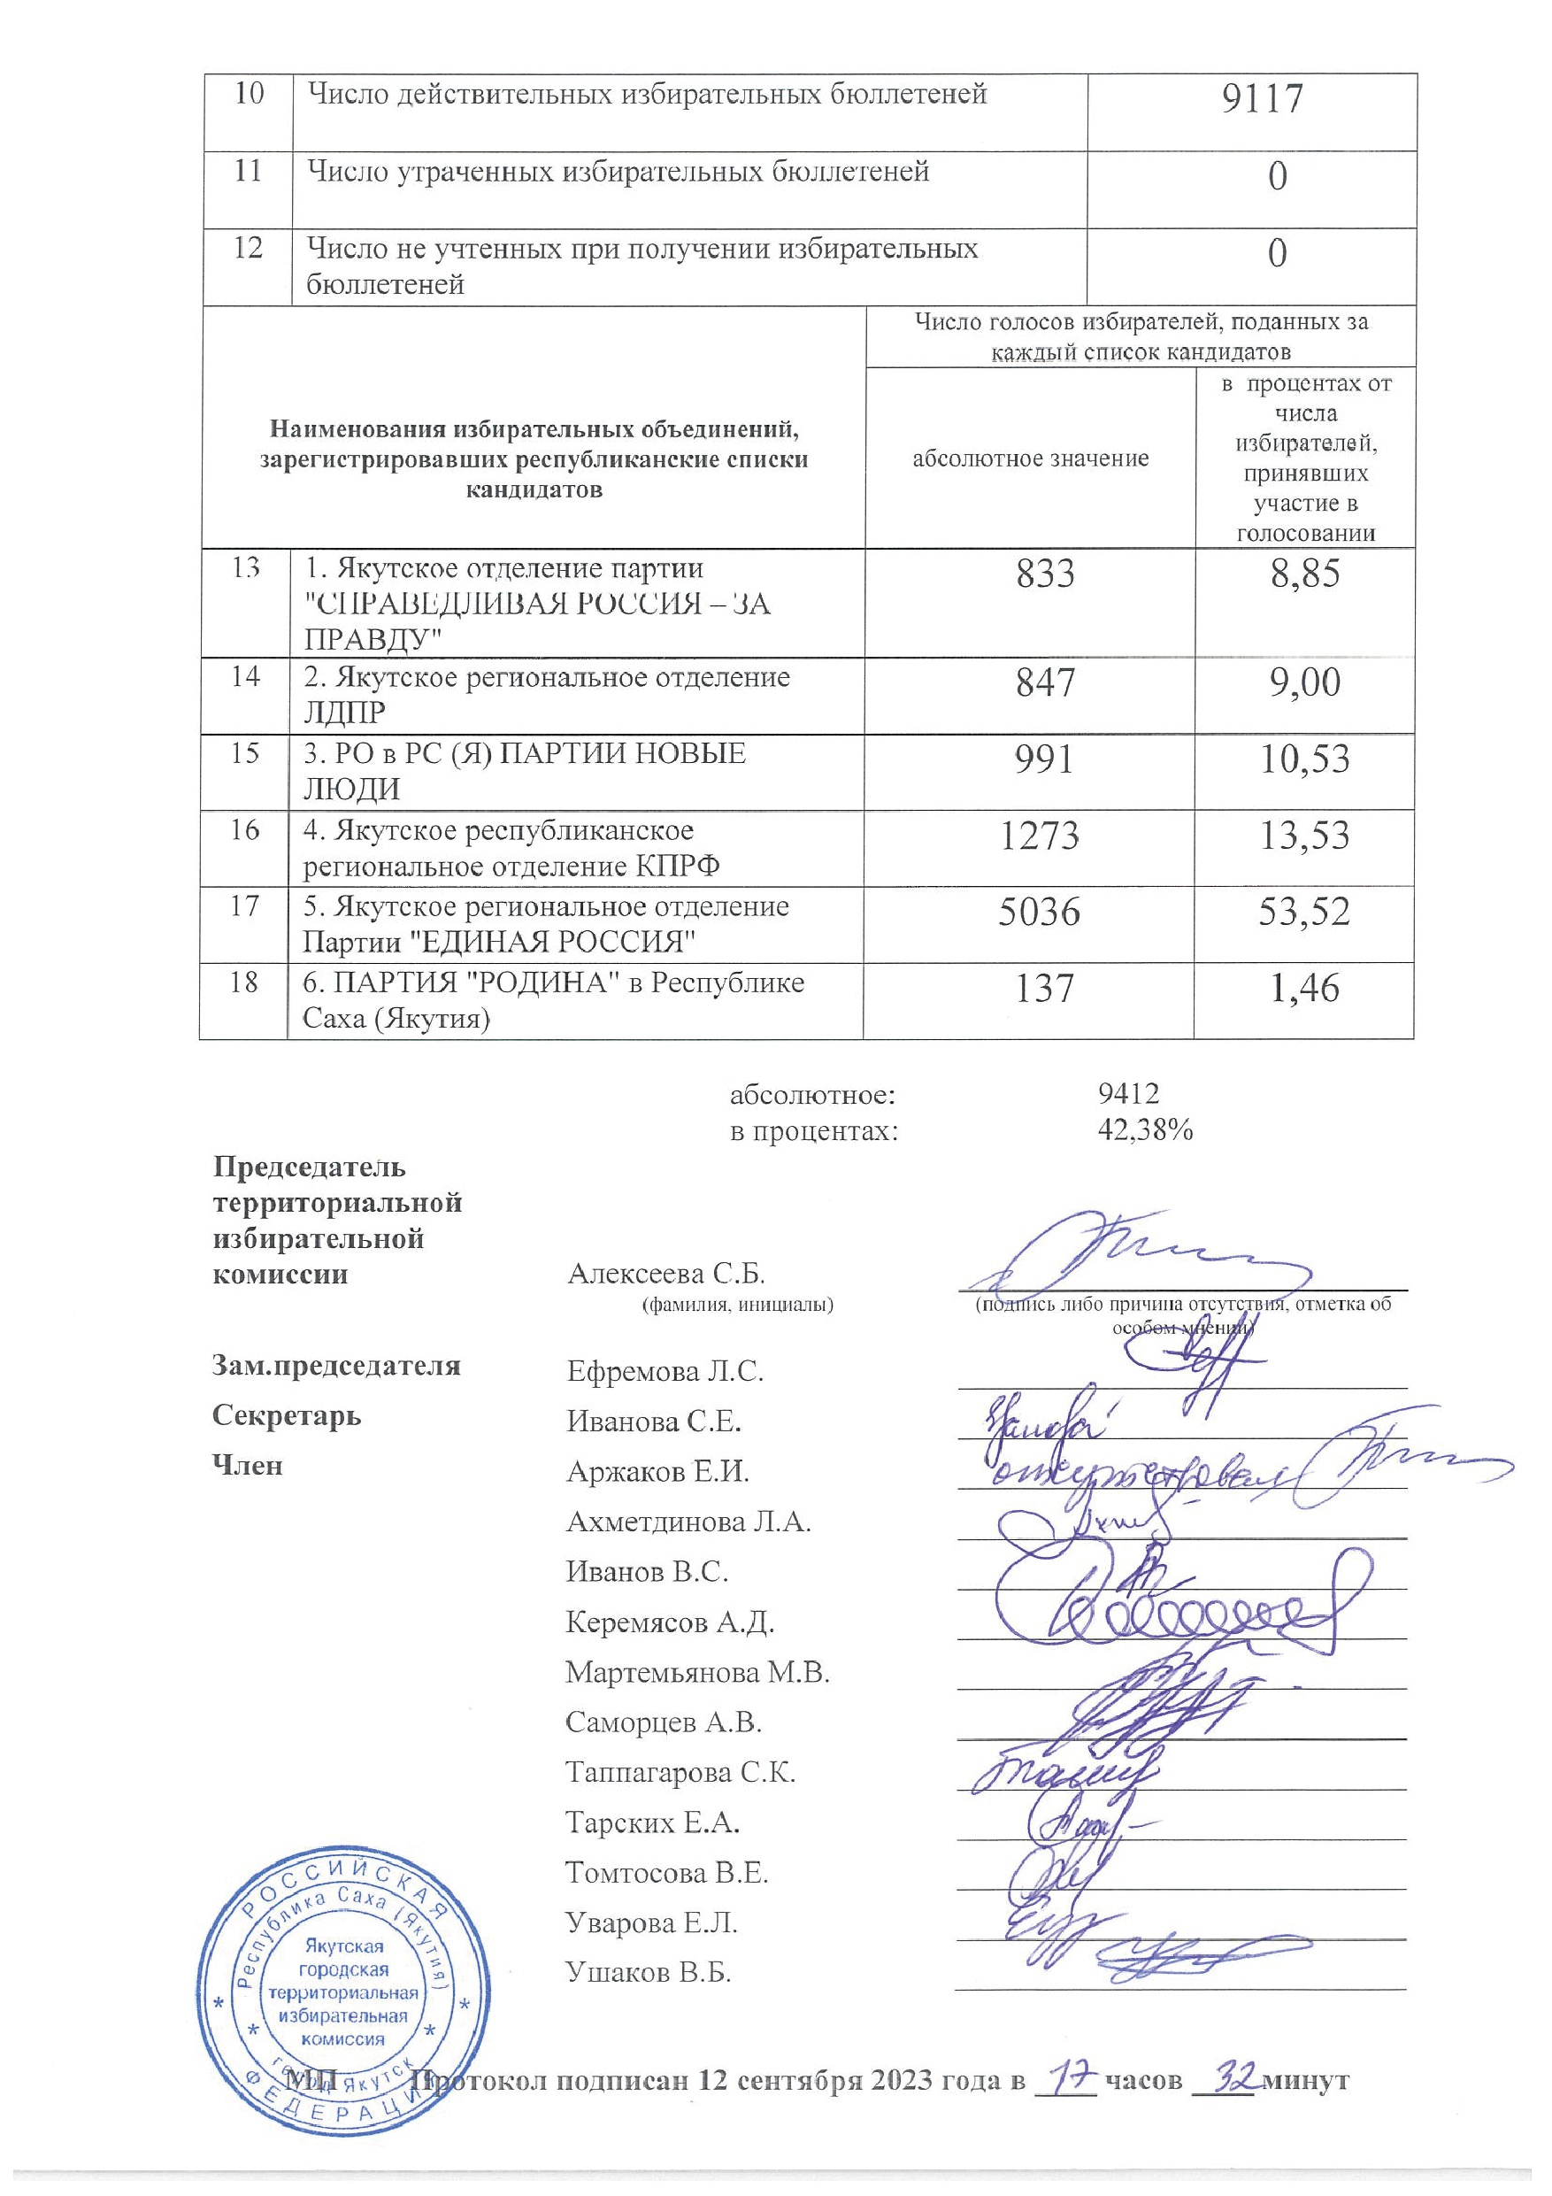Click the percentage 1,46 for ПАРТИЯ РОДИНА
(1304, 987)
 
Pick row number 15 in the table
(245, 752)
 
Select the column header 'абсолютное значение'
(1030, 458)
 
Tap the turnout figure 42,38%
(1146, 1130)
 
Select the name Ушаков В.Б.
(649, 1972)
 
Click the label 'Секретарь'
(287, 1414)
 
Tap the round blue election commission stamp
(341, 1999)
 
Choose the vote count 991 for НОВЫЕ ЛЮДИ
(1045, 759)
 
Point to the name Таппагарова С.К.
(680, 1772)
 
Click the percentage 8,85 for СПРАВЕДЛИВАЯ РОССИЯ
(1304, 574)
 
